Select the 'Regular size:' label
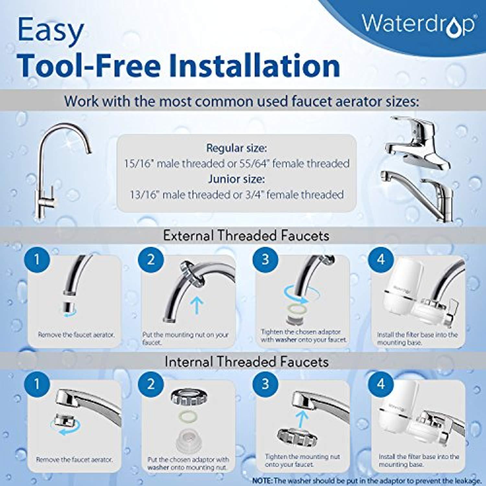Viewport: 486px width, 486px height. coord(237,148)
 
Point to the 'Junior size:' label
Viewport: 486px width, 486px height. coord(237,179)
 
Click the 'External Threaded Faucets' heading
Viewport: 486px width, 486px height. coord(246,236)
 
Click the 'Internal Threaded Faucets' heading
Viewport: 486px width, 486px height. coord(247,362)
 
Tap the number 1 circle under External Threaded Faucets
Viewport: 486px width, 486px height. coord(37,259)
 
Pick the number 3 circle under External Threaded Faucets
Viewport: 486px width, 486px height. coord(265,259)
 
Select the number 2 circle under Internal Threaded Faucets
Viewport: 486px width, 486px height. coord(151,384)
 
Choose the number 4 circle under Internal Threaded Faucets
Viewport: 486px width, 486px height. coord(381,384)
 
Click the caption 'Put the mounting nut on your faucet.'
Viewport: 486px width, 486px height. coord(185,338)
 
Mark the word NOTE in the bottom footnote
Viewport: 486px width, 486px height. coord(262,480)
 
